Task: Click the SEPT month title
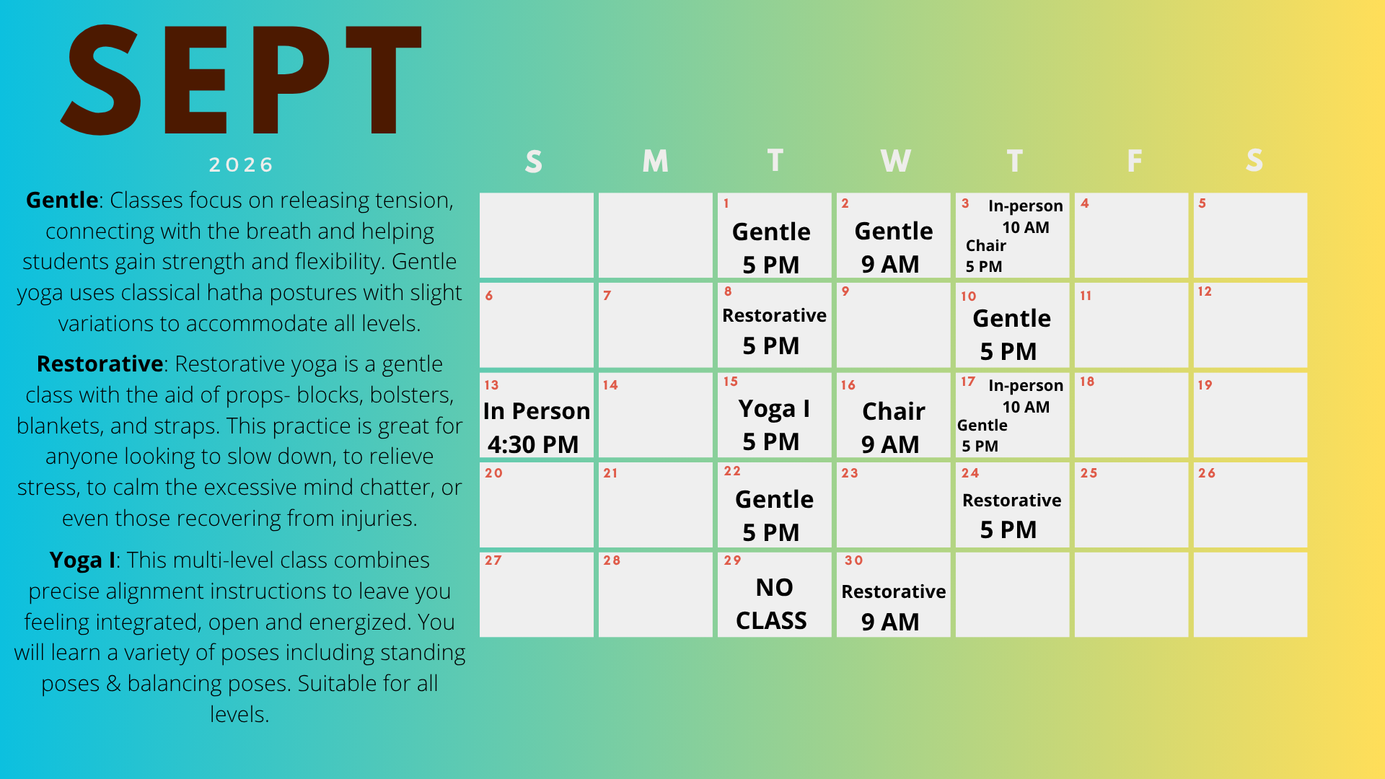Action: pos(242,79)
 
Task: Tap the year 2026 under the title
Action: pos(242,165)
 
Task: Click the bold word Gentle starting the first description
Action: pos(62,200)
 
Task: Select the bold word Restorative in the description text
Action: pos(100,364)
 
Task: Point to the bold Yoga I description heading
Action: pos(82,560)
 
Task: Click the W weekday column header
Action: pos(895,160)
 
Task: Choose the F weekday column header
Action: pos(1134,160)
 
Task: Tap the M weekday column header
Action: pos(655,160)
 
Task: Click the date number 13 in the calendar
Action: pos(491,385)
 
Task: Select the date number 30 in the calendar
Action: pos(853,560)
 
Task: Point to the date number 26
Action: pos(1207,473)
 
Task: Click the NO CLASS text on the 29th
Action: pos(772,604)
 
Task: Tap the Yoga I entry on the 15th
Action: pos(774,409)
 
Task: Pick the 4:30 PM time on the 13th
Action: pos(533,444)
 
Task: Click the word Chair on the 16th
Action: pos(894,411)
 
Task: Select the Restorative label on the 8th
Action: pos(774,315)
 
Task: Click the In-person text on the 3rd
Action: pos(1026,206)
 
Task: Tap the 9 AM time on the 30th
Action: pos(890,622)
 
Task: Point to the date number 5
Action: pos(1202,203)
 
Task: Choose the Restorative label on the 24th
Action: pos(1012,501)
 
